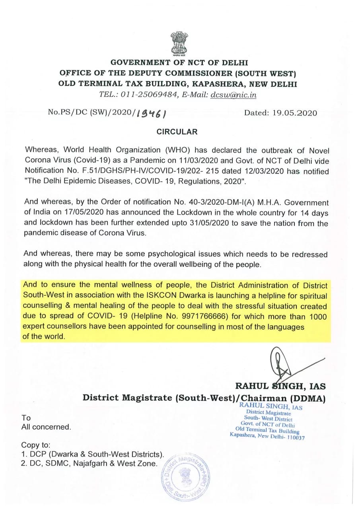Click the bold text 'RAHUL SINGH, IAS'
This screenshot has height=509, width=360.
(280, 386)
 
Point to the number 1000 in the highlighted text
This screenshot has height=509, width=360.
(317, 317)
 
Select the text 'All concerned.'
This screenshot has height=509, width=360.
(46, 427)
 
